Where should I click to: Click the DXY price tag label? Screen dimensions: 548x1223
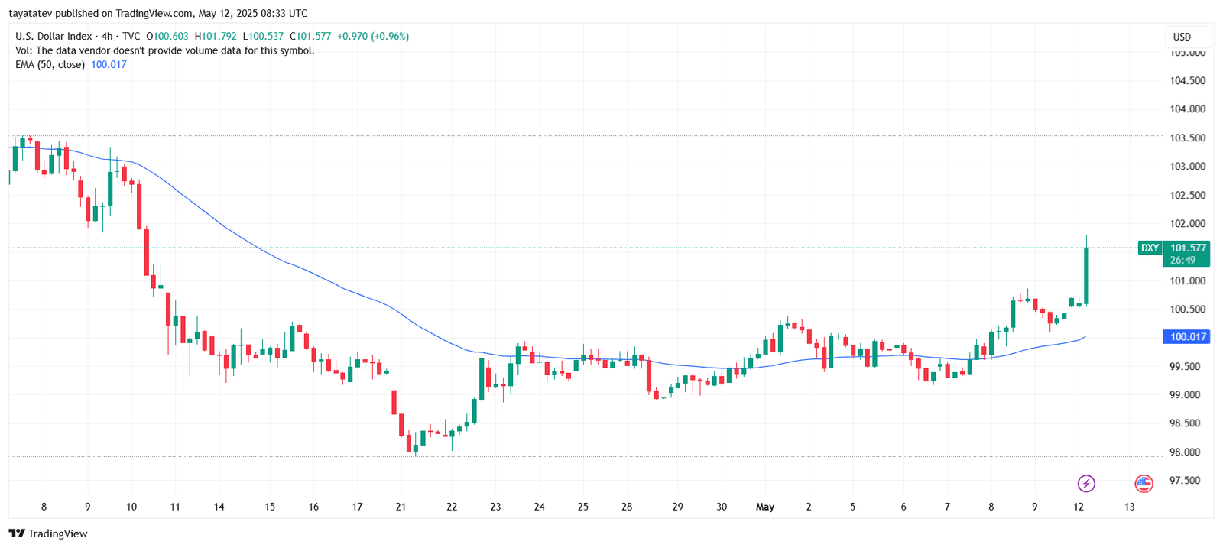point(1150,248)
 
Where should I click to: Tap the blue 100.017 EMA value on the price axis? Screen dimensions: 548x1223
point(1187,336)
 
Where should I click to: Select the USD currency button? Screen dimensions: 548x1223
point(1182,37)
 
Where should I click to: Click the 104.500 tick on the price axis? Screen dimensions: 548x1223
point(1187,80)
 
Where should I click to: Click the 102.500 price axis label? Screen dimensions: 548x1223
point(1187,195)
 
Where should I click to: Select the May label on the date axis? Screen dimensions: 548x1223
point(765,507)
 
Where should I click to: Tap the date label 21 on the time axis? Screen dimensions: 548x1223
point(401,507)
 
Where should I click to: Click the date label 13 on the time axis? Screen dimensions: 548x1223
point(1130,507)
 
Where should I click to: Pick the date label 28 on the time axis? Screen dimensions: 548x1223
point(627,507)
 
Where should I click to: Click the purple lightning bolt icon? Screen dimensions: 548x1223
point(1086,483)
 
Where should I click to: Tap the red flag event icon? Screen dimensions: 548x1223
point(1144,483)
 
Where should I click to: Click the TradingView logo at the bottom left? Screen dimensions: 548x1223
point(48,533)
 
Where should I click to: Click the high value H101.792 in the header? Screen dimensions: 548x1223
point(216,36)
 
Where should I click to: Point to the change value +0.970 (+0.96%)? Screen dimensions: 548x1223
point(373,36)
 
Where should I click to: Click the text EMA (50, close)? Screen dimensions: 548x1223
point(50,64)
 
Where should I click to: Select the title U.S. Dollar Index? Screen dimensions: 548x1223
point(54,36)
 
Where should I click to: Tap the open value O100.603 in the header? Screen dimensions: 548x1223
point(167,36)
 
